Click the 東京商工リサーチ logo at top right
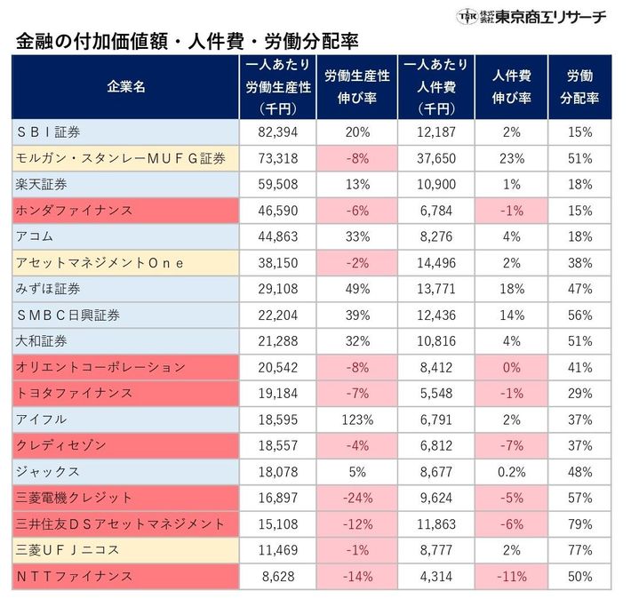point(531,15)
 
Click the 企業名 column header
point(125,87)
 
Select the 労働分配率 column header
point(580,87)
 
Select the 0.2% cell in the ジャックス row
point(510,471)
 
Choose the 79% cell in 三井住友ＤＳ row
point(580,524)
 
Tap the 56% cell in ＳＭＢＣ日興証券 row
point(580,315)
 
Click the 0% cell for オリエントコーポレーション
point(510,367)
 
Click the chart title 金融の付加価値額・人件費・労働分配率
point(187,42)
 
